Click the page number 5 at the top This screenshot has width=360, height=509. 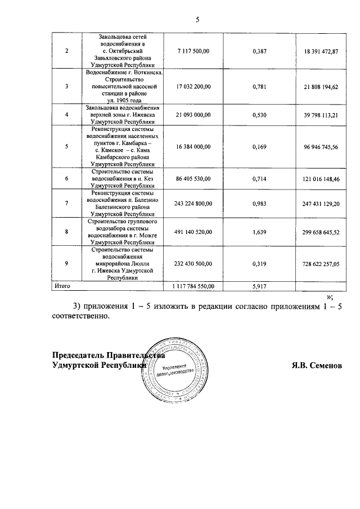(x=197, y=20)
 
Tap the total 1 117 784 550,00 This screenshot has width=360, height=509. (x=193, y=286)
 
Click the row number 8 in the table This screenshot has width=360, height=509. (x=67, y=231)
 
